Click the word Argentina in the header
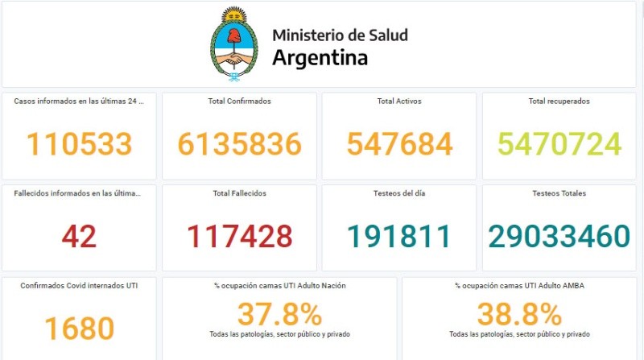320,58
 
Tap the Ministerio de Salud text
340,35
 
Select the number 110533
79,144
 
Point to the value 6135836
240,144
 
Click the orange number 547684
400,144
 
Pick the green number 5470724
559,144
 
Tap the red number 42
79,236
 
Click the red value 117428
240,236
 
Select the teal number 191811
399,236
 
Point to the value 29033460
559,236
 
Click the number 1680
79,329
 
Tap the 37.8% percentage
279,313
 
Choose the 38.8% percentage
519,313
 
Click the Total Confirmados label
240,101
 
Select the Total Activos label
399,101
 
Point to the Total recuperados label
559,101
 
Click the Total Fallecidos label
240,193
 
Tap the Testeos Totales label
559,193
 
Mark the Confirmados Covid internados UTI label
79,285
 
